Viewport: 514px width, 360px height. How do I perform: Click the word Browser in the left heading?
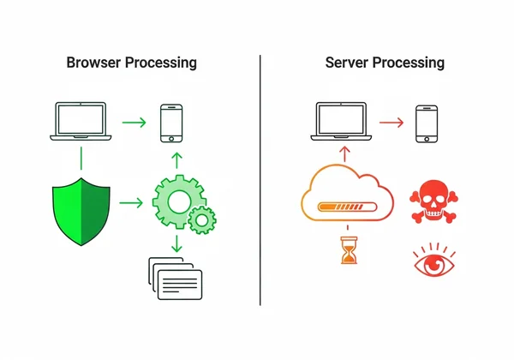click(x=93, y=63)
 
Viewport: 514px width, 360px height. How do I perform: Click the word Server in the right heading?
click(x=347, y=63)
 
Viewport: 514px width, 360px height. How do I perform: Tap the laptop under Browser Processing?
click(x=81, y=121)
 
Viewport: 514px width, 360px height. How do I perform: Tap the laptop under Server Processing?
click(x=342, y=121)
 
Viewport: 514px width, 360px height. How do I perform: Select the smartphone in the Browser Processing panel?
click(x=172, y=123)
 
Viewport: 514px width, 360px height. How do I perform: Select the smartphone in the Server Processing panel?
click(x=426, y=123)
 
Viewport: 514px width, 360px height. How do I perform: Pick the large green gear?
click(x=176, y=200)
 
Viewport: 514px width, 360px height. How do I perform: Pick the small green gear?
click(x=201, y=219)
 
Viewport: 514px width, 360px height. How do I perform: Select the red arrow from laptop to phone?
click(x=390, y=122)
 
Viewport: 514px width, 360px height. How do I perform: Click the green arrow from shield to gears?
click(x=132, y=203)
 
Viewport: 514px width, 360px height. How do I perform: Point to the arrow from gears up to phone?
click(x=176, y=159)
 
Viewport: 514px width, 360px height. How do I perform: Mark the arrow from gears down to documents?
click(x=176, y=243)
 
